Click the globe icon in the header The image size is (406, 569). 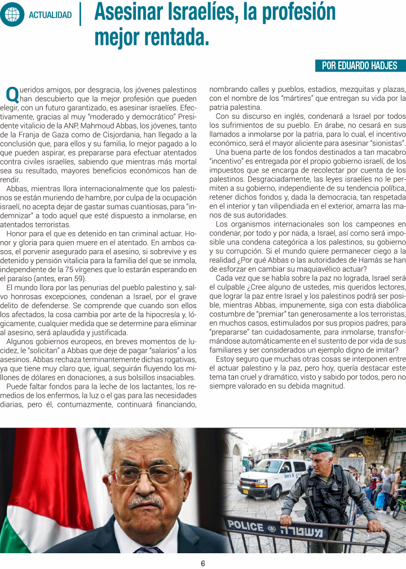[x=12, y=15]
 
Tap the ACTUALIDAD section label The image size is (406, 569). [x=50, y=15]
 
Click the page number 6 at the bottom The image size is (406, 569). [x=203, y=563]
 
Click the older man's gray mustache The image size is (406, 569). [x=147, y=501]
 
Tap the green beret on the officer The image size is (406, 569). [x=320, y=448]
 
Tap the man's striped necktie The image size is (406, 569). [x=148, y=550]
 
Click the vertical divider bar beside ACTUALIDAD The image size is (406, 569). [x=81, y=15]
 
